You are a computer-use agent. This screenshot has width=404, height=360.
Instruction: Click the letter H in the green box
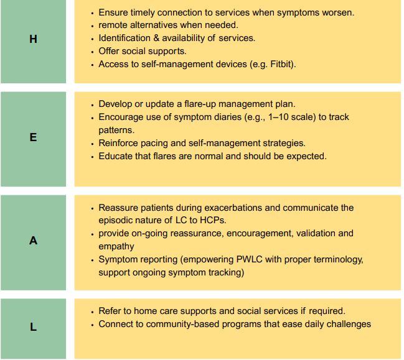33,39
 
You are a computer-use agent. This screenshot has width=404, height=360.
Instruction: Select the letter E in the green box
33,137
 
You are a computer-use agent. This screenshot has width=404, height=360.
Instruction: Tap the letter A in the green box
33,241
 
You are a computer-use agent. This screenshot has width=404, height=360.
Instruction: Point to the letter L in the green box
33,327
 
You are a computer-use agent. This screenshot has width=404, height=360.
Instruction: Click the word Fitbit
281,64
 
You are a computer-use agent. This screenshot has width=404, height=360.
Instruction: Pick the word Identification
124,38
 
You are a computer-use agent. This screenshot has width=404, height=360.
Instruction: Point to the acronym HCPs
213,220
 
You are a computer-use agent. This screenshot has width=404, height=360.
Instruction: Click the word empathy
116,246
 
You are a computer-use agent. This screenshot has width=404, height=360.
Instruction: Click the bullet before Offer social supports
93,52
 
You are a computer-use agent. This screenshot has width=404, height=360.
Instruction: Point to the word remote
113,25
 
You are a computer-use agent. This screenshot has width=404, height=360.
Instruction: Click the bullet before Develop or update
93,105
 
